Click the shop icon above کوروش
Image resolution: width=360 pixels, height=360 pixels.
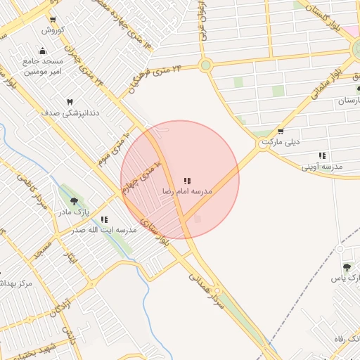[x=53, y=19]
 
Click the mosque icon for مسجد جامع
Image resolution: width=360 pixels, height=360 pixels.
[x=42, y=51]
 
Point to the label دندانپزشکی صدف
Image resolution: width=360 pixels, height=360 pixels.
[x=71, y=112]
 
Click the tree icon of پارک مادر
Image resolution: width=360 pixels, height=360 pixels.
[x=74, y=201]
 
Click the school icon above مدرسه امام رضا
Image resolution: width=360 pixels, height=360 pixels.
[x=187, y=181]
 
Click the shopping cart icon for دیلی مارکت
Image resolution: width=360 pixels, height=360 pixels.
[x=281, y=131]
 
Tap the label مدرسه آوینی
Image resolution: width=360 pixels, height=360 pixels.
[x=321, y=167]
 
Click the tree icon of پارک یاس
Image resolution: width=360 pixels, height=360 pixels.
[x=347, y=267]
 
